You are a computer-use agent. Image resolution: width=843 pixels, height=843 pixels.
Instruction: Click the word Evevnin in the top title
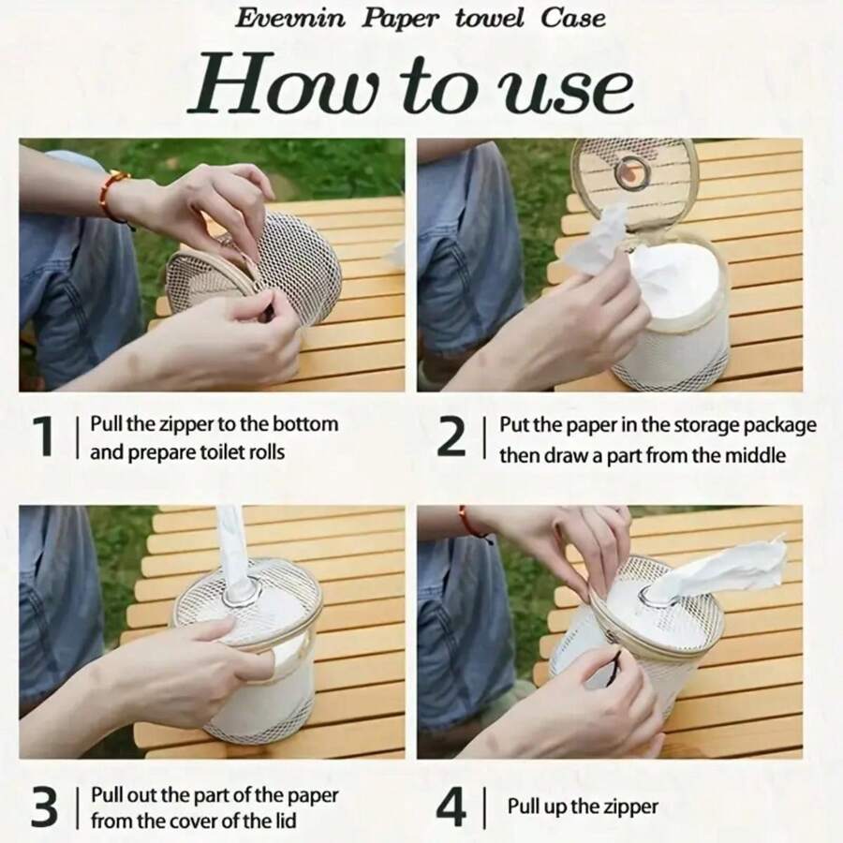[290, 19]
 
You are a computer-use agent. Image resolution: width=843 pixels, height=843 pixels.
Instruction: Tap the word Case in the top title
[573, 19]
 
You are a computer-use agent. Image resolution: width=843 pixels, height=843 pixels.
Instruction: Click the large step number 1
[44, 436]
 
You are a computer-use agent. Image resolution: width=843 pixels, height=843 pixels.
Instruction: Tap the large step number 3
[44, 806]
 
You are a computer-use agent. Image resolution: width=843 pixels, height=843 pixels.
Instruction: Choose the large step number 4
[451, 806]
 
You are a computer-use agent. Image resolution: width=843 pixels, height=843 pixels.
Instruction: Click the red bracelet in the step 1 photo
[111, 194]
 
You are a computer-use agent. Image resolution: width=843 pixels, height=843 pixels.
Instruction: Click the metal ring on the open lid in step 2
[632, 173]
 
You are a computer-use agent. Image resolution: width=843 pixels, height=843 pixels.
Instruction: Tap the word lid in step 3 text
[285, 821]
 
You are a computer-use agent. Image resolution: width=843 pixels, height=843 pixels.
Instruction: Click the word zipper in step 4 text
[629, 806]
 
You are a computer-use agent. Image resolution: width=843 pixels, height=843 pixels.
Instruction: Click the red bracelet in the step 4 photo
[473, 523]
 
